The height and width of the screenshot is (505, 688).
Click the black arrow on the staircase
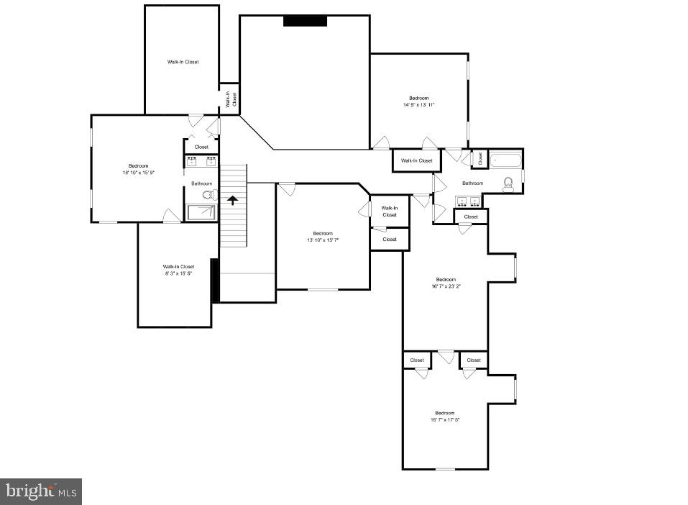pyautogui.click(x=232, y=200)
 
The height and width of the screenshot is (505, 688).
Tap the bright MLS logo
pyautogui.click(x=41, y=491)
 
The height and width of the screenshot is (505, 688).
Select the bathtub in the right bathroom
pyautogui.click(x=505, y=159)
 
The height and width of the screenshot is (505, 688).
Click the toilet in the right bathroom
pyautogui.click(x=508, y=184)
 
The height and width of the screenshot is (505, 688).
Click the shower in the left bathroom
pyautogui.click(x=201, y=212)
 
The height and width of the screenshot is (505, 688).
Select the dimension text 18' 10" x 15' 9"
pyautogui.click(x=139, y=173)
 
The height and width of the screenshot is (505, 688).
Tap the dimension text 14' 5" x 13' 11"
pyautogui.click(x=419, y=105)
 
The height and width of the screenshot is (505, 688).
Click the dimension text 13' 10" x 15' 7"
pyautogui.click(x=323, y=240)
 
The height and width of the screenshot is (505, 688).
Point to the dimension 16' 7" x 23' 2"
pyautogui.click(x=445, y=286)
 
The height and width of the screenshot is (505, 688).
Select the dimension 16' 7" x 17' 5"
pyautogui.click(x=445, y=419)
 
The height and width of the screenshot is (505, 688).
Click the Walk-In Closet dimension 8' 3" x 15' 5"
pyautogui.click(x=178, y=273)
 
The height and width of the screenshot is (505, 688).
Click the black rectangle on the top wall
pyautogui.click(x=305, y=21)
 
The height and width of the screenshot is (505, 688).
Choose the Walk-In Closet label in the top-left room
pyautogui.click(x=183, y=62)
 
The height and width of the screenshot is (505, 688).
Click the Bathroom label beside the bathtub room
pyautogui.click(x=472, y=183)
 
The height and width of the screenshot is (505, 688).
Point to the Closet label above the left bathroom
pyautogui.click(x=201, y=147)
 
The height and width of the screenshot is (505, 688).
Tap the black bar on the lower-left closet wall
pyautogui.click(x=214, y=281)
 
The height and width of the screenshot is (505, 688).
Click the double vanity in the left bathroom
pyautogui.click(x=201, y=161)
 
